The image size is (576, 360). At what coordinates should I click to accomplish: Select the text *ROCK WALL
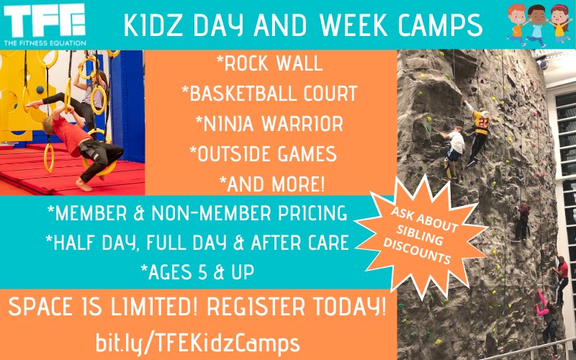click(x=269, y=64)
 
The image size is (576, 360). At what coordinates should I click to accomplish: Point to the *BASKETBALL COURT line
click(x=269, y=94)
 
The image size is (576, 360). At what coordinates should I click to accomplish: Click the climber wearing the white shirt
click(x=454, y=147)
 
